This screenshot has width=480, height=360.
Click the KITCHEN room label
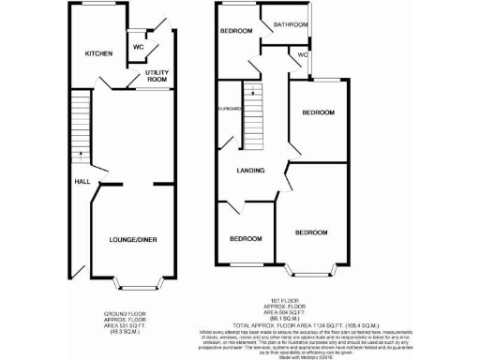tap(98, 53)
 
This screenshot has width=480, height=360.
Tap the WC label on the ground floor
tap(137, 47)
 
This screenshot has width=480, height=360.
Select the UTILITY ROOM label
tap(157, 76)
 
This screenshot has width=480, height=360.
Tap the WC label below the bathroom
tap(302, 54)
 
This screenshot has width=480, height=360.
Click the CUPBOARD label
tap(230, 110)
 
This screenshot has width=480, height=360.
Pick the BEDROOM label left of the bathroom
tap(237, 31)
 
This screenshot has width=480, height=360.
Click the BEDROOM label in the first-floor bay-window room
tap(311, 232)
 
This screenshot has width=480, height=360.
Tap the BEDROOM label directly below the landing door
tap(246, 239)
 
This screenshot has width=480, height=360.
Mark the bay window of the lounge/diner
tap(137, 280)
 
